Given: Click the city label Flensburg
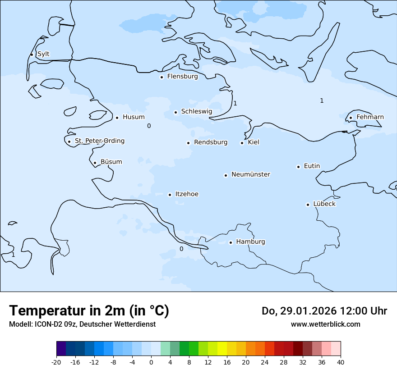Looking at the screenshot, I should [x=182, y=77].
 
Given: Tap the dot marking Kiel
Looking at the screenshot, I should [x=242, y=143].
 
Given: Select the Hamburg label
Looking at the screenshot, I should [x=250, y=242].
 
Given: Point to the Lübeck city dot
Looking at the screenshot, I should [x=308, y=205].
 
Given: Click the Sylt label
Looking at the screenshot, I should [x=43, y=54].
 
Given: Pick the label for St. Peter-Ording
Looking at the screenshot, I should [x=99, y=141].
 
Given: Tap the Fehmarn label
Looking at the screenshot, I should [x=370, y=117].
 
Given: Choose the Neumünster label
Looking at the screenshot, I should [x=251, y=174].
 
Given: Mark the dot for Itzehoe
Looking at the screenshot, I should [x=170, y=195].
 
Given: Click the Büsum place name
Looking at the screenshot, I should [x=111, y=162].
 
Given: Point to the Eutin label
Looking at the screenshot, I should [x=312, y=166].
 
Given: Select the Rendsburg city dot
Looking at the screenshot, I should [x=189, y=143].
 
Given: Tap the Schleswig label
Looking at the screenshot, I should [x=196, y=111].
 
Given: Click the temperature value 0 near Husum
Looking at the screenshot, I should [x=149, y=126].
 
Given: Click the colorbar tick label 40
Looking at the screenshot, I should [x=341, y=362].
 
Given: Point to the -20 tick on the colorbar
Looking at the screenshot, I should [x=56, y=362].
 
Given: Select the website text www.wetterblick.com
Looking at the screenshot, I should [x=325, y=324].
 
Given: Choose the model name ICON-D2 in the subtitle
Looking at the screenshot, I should [x=45, y=324].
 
